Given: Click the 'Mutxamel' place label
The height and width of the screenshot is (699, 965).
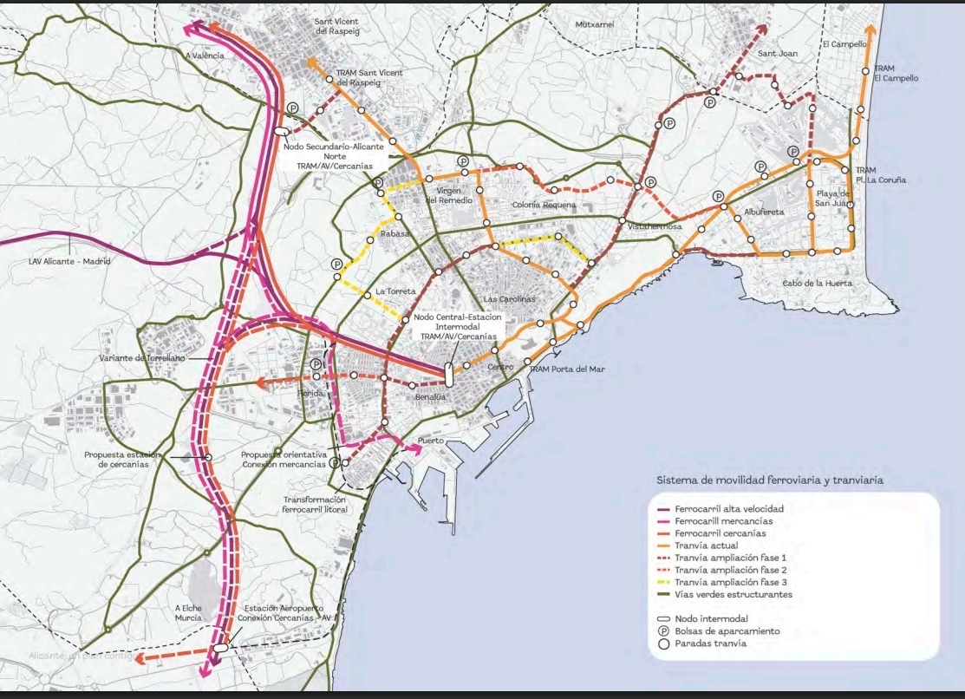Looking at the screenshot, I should pos(594,24).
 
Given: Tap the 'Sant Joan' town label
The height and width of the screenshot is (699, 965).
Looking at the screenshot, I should pos(777,54).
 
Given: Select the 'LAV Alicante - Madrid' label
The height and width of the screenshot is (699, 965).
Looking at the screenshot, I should pos(69,260).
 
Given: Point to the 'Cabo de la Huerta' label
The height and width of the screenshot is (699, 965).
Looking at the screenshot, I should pos(817,284).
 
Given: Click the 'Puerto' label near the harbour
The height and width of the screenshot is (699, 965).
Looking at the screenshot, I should pos(431,441).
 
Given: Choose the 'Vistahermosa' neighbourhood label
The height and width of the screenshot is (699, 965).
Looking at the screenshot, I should pos(655,226).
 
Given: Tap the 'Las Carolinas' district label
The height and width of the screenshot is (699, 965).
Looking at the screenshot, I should pos(505,298).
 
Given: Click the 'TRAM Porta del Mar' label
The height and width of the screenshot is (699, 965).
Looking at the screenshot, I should pos(567,369).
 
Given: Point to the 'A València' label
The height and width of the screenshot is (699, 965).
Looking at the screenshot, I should pos(205,56).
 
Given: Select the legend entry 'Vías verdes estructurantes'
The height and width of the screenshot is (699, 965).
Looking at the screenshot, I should pos(734,595).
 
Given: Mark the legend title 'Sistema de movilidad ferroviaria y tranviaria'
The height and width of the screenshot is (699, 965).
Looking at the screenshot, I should pos(770,480).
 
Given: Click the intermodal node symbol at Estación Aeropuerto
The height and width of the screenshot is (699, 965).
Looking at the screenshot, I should pos(221,647).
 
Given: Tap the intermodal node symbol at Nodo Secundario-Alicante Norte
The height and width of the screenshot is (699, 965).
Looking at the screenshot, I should pos(280,131).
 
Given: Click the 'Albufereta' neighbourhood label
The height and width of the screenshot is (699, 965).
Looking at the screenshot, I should pos(763,212).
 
